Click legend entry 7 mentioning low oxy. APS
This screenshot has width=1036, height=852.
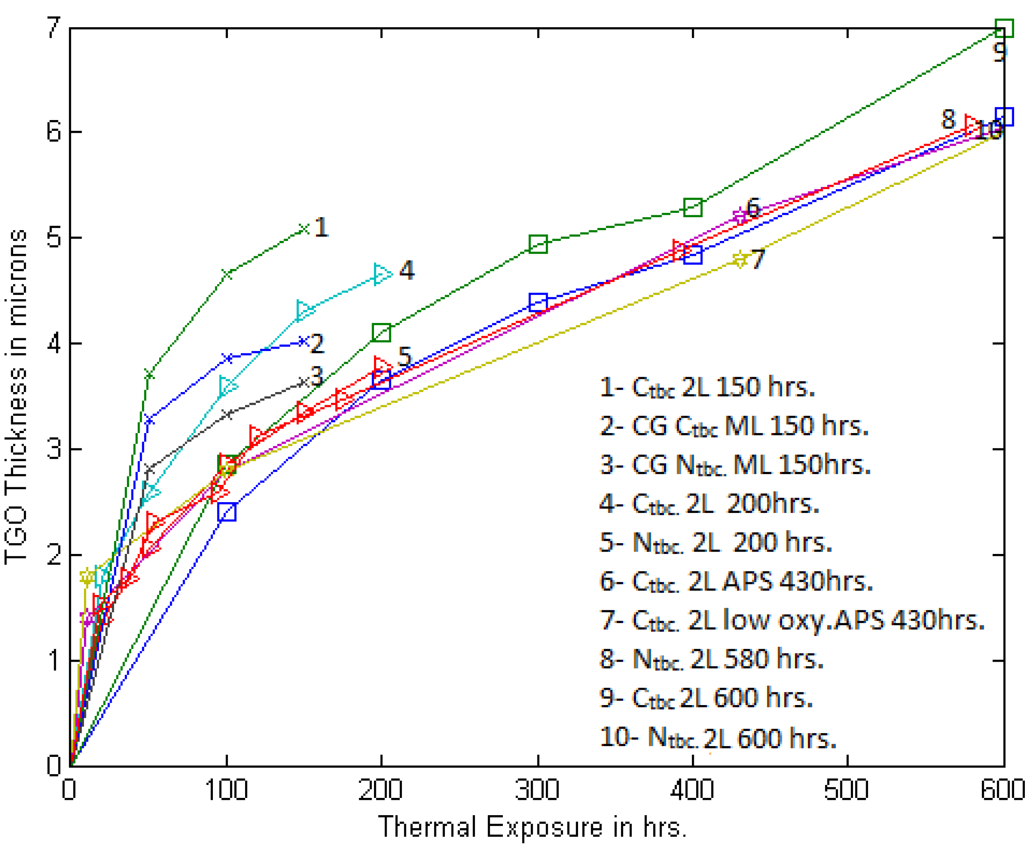tap(792, 620)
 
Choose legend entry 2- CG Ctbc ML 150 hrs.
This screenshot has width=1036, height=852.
tap(734, 426)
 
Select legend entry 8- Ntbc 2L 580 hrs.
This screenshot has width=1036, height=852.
tap(711, 659)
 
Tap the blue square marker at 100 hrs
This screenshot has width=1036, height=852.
tap(227, 511)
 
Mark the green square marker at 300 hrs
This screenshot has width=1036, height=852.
tap(538, 244)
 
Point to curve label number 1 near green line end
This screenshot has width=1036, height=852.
tap(321, 227)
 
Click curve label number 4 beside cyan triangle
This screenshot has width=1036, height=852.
tap(406, 270)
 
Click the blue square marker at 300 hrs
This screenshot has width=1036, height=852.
tap(538, 302)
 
